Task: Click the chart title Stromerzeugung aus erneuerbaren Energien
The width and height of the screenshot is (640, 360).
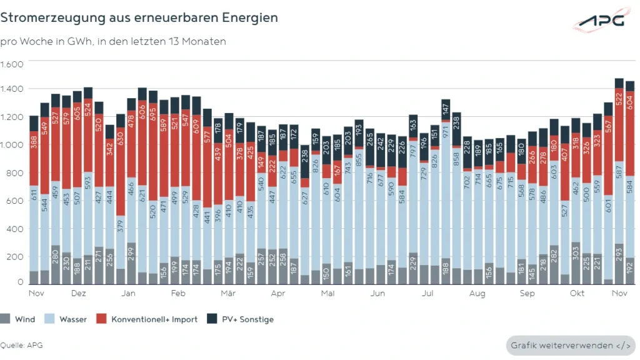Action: pos(139,17)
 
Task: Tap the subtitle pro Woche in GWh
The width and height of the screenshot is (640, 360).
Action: pos(112,41)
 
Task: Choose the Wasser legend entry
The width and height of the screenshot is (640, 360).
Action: pos(67,319)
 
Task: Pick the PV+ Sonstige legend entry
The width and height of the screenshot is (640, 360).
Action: pos(242,319)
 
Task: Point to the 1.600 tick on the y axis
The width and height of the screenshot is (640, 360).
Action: pos(12,64)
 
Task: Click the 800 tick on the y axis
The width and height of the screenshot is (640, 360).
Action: pos(15,173)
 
